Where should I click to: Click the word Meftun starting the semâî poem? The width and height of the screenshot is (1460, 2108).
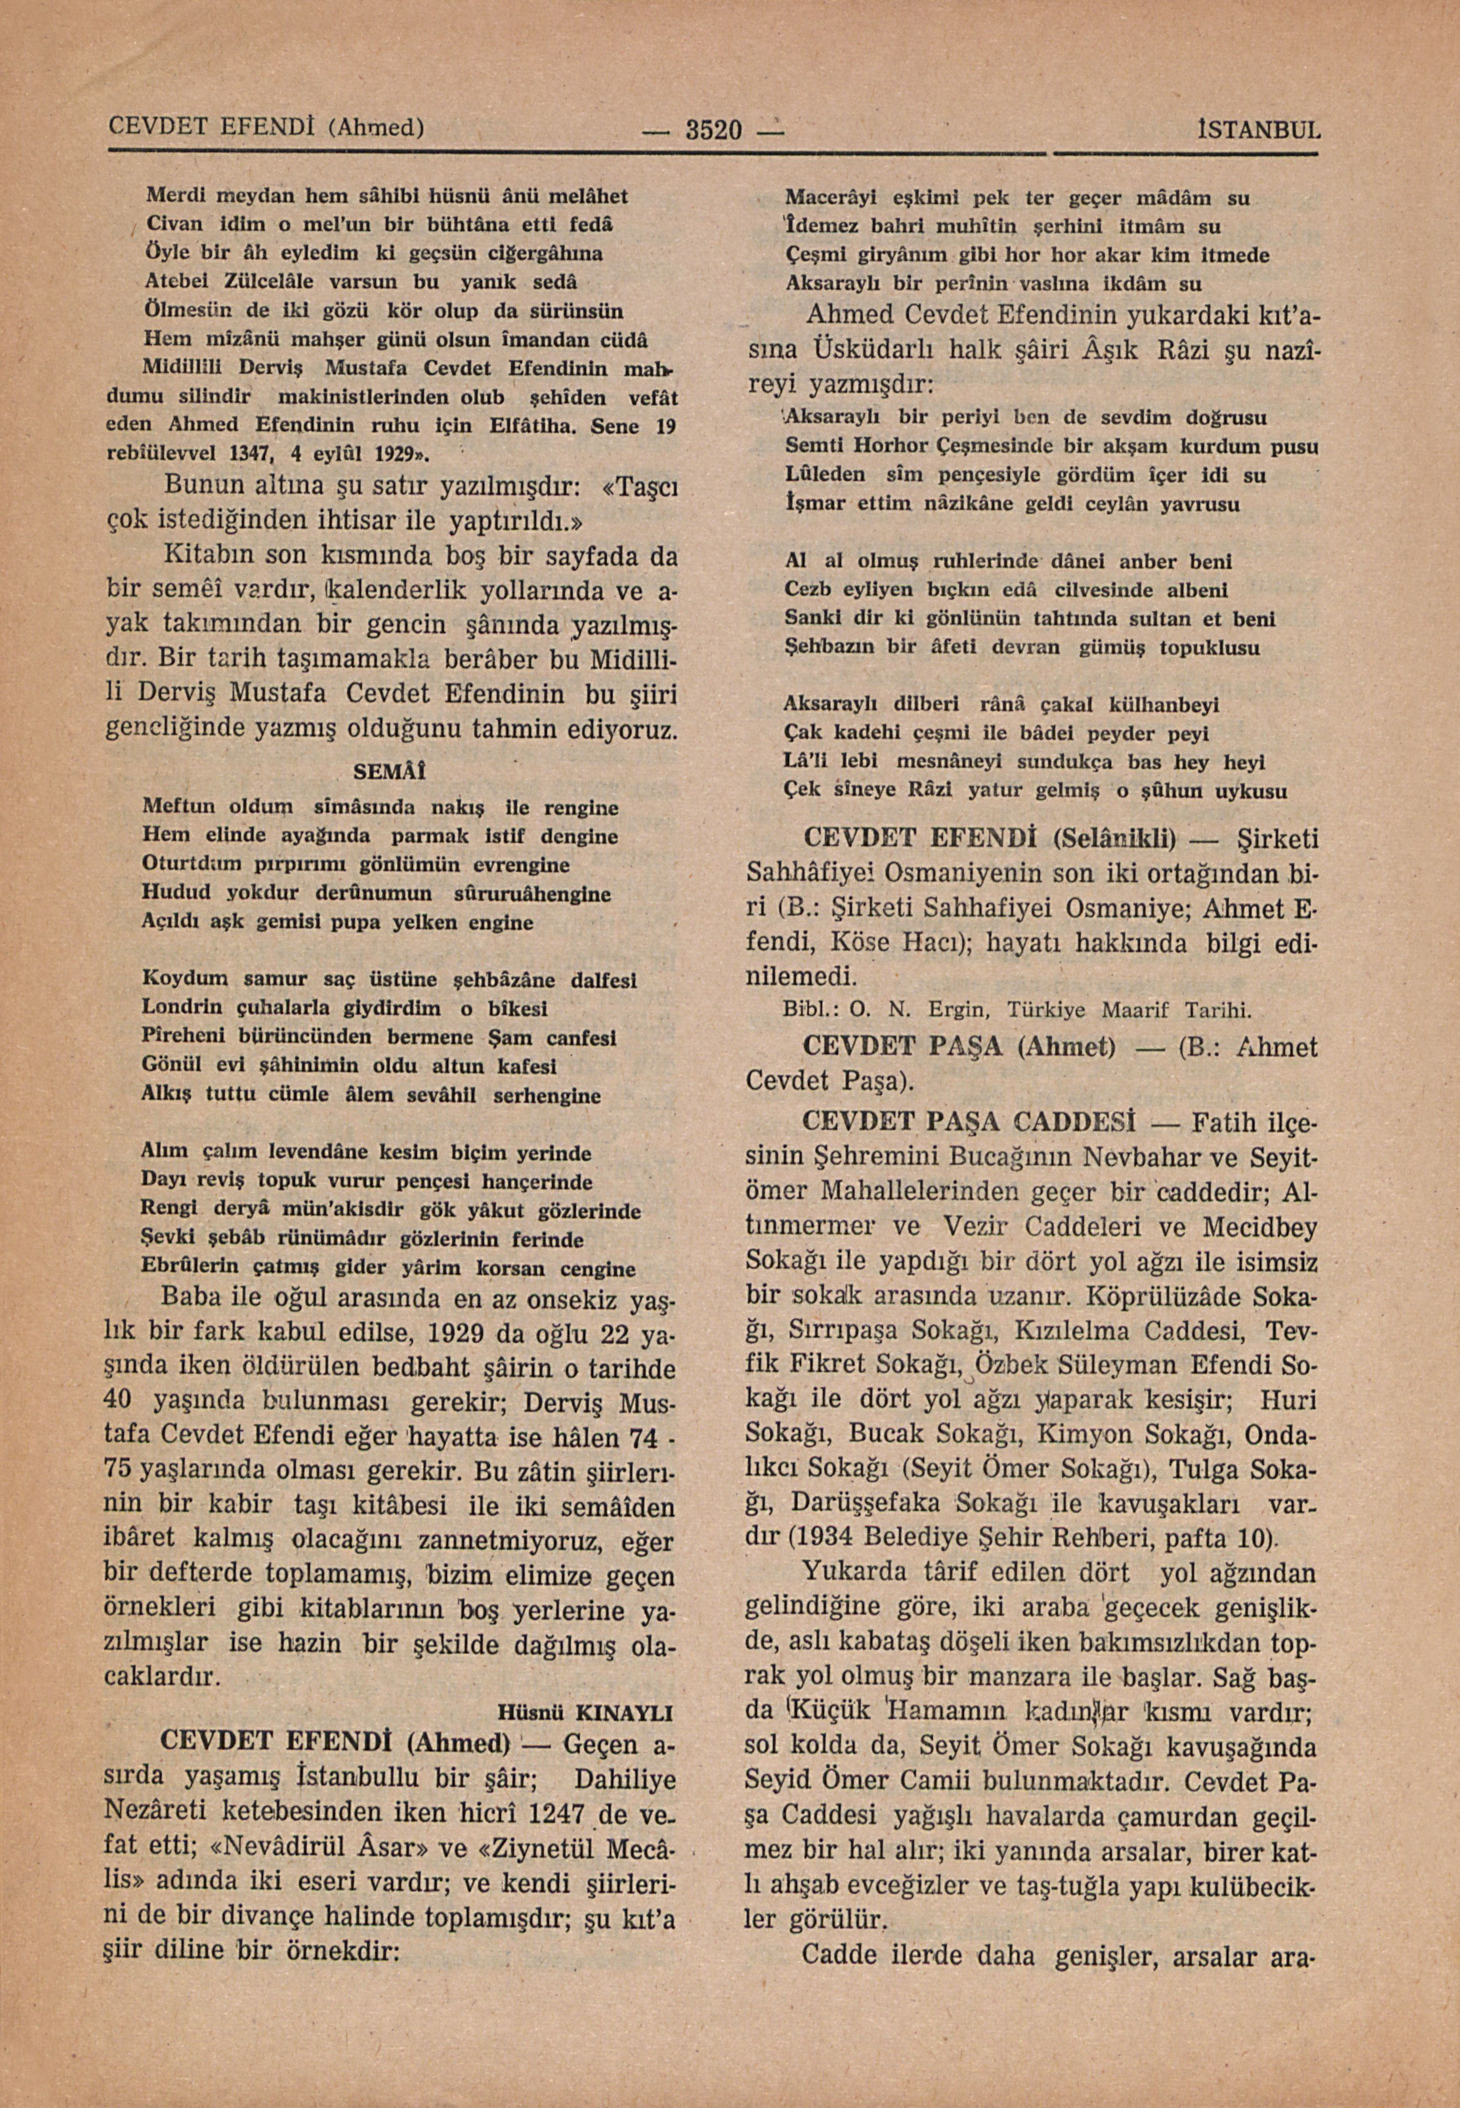[179, 808]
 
